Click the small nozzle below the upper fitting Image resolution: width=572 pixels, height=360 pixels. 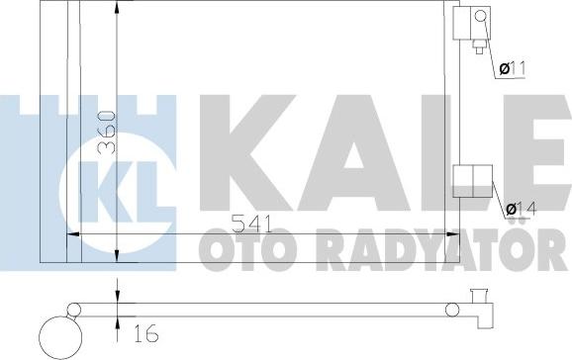pyautogui.click(x=480, y=45)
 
